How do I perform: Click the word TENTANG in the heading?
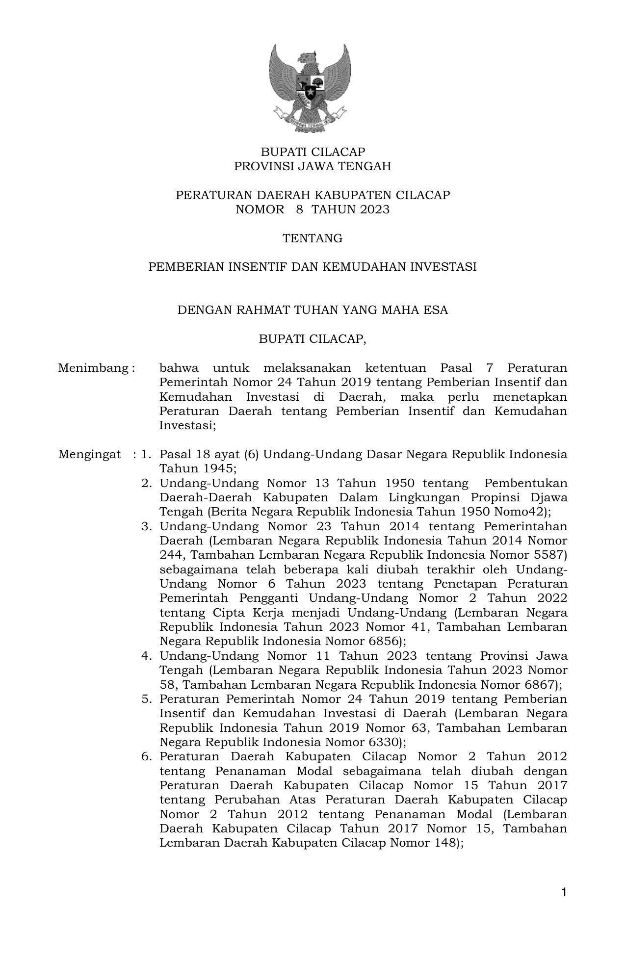click(313, 238)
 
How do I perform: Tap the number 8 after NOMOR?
click(299, 209)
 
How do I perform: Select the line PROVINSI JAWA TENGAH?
click(313, 166)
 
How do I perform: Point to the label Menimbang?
click(94, 368)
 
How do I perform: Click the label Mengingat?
click(89, 454)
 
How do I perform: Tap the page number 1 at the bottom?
click(564, 891)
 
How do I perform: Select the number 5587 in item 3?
click(548, 555)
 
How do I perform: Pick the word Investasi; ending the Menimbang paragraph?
click(187, 425)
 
